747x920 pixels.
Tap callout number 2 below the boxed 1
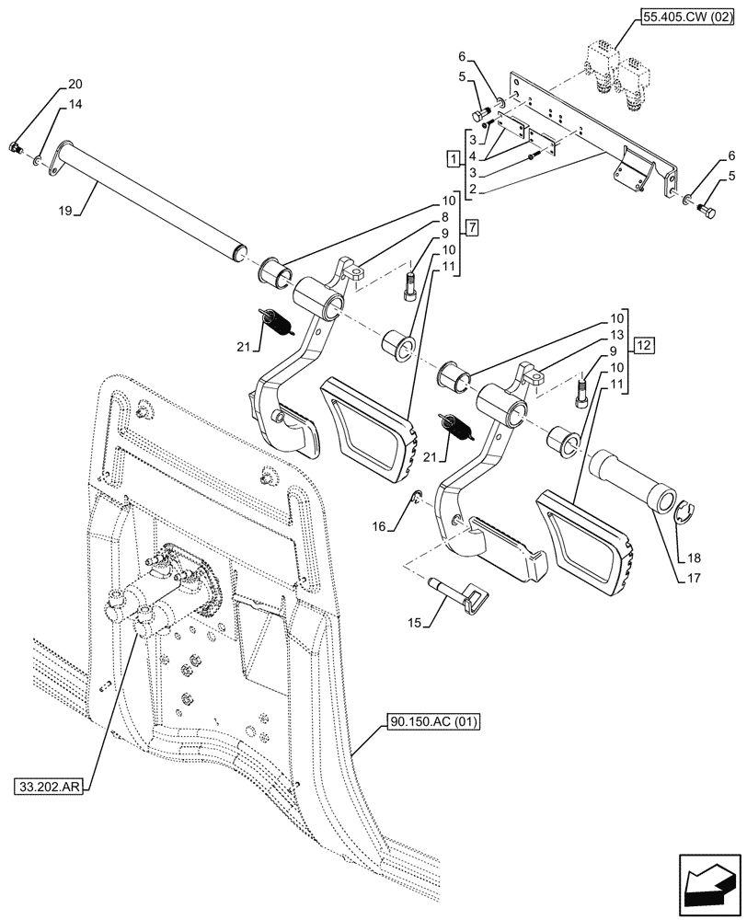pyautogui.click(x=471, y=190)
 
